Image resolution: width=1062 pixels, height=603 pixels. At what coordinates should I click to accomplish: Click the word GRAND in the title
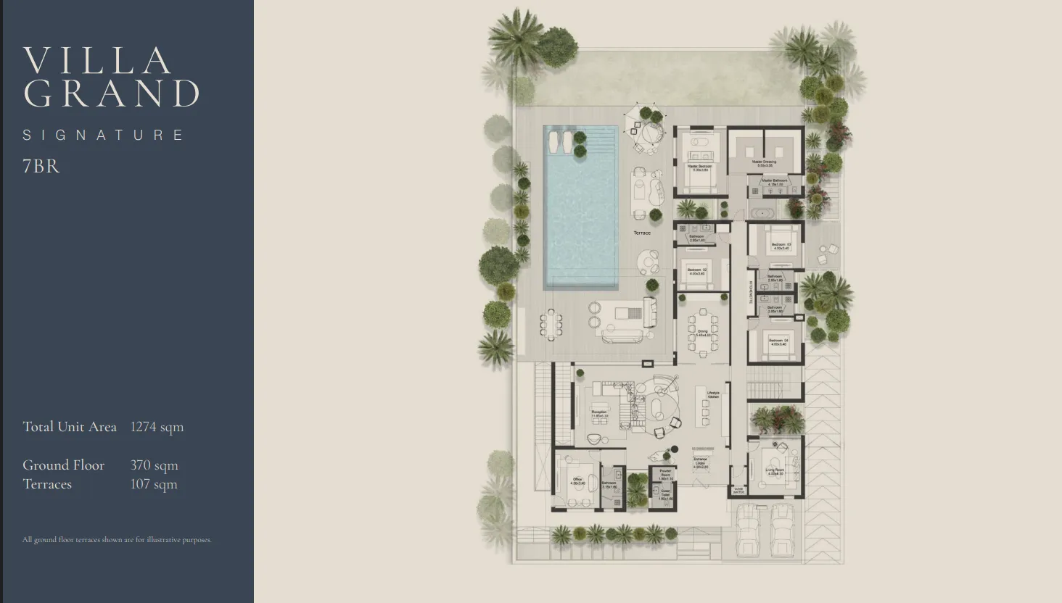112,93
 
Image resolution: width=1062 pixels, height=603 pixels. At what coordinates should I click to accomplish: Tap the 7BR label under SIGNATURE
41,166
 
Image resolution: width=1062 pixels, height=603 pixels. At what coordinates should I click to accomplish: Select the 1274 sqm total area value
157,427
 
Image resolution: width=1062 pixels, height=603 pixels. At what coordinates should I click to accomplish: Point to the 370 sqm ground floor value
154,465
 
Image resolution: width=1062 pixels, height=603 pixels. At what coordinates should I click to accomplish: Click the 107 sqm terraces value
154,484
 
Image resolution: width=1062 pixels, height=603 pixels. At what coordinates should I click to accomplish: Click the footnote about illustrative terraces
117,540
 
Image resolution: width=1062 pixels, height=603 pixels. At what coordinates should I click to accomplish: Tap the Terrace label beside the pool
642,233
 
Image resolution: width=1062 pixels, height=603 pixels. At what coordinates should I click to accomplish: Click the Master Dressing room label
764,163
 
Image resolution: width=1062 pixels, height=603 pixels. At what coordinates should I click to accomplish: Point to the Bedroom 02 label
696,271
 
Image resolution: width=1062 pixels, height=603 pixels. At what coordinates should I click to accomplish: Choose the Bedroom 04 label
778,341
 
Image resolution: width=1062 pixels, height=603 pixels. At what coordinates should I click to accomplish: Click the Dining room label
701,333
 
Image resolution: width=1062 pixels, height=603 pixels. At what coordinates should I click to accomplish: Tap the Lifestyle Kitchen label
713,395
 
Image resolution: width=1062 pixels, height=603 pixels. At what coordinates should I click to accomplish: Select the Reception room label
599,413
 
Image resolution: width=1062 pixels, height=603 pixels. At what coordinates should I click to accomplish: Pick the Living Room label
775,471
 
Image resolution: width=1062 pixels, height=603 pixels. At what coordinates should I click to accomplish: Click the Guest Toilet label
665,496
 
